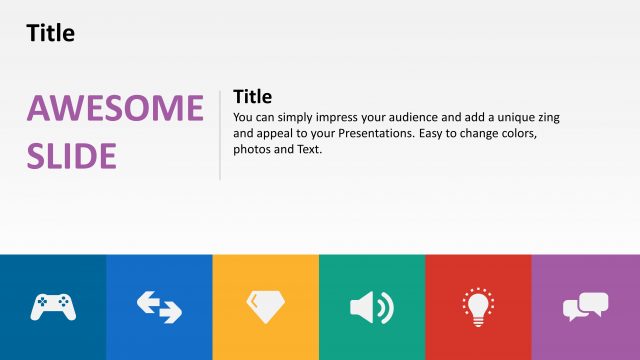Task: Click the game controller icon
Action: [53, 306]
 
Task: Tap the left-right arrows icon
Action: [159, 306]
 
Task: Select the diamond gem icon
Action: [265, 306]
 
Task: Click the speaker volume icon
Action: [372, 306]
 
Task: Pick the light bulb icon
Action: [478, 306]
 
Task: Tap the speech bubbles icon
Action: [585, 306]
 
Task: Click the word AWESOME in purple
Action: [115, 109]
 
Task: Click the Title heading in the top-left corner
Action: [51, 33]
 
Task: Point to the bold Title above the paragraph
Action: [252, 97]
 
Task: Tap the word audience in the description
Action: [424, 117]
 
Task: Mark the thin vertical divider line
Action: [219, 134]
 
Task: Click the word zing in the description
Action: [547, 117]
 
